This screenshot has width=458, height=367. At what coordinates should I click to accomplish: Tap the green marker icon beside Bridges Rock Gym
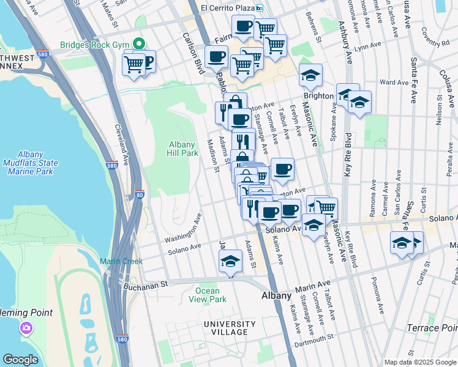(140, 43)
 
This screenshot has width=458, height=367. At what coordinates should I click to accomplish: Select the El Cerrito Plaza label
(228, 8)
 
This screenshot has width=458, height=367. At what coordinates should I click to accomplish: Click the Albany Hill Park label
(183, 149)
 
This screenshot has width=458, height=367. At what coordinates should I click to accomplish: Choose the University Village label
(230, 328)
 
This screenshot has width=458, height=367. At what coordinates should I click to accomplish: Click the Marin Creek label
(123, 261)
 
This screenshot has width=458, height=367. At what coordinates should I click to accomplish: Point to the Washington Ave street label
(182, 228)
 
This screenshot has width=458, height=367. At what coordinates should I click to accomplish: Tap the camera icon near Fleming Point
(26, 328)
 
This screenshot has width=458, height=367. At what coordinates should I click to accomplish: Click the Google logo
(21, 360)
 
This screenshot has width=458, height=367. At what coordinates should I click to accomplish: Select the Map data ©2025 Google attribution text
(420, 362)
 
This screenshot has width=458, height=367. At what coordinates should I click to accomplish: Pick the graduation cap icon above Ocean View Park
(230, 261)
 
